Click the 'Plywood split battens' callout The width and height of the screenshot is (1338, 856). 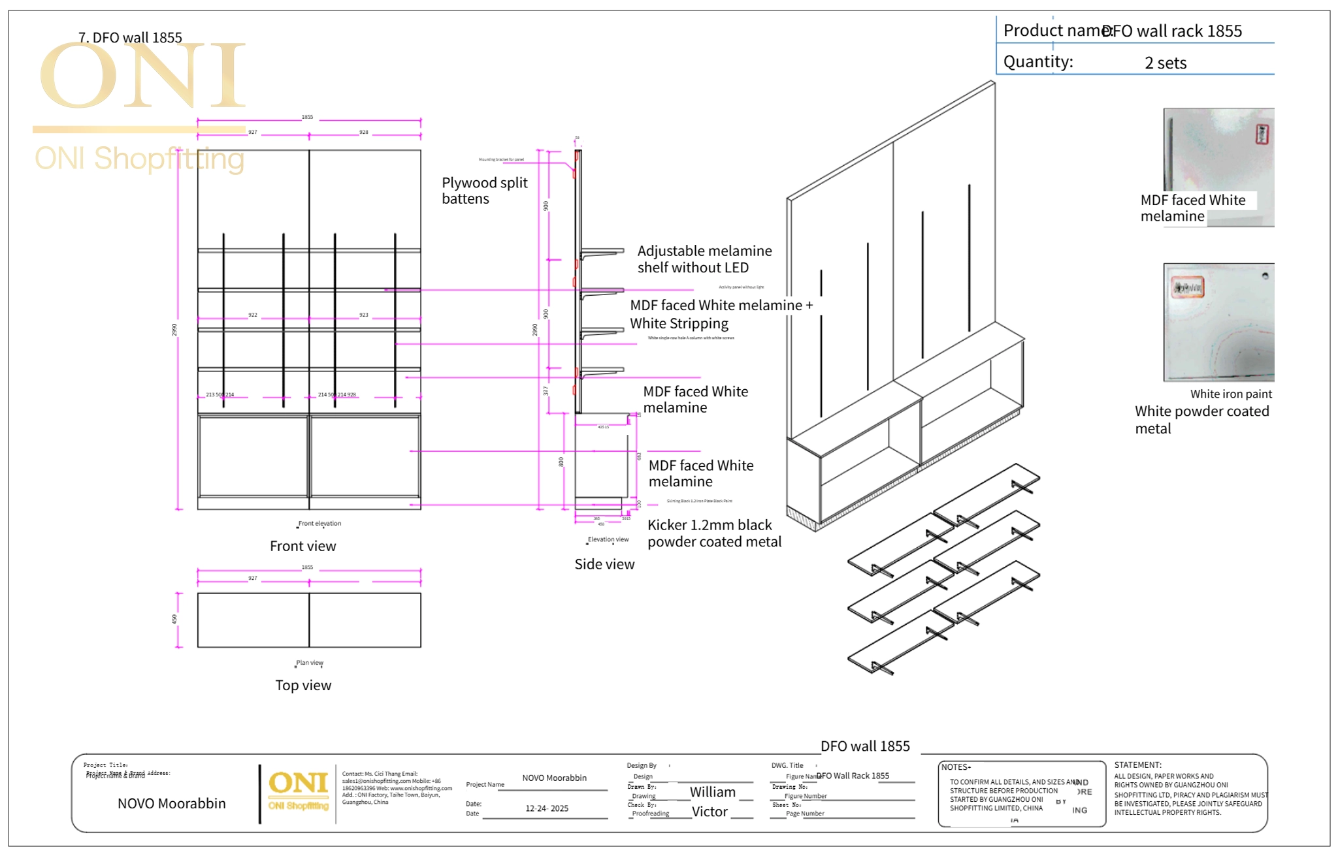click(484, 191)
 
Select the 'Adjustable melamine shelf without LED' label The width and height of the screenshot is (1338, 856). click(704, 259)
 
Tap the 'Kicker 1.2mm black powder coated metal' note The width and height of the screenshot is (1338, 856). click(713, 533)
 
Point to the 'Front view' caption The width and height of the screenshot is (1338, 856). click(302, 547)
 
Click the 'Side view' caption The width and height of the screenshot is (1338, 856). click(604, 564)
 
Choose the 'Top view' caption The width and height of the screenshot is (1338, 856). click(302, 686)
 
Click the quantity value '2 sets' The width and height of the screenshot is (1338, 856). click(1165, 63)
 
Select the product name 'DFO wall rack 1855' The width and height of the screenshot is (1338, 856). click(1171, 31)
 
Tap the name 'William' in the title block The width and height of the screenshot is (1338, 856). click(712, 792)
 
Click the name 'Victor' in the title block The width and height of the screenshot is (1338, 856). click(710, 812)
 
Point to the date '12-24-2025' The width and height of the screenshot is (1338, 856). click(547, 808)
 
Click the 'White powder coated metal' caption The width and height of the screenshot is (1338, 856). click(1201, 420)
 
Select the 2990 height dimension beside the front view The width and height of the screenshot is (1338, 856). click(174, 330)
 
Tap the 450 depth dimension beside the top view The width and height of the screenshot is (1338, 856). click(174, 619)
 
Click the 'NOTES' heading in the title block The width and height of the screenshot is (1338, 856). click(955, 767)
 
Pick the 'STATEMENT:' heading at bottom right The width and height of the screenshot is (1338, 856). click(1137, 765)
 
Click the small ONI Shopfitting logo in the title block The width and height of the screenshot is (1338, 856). click(298, 790)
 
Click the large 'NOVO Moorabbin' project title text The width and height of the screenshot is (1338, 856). click(171, 804)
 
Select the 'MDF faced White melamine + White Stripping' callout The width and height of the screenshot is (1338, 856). click(721, 314)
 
